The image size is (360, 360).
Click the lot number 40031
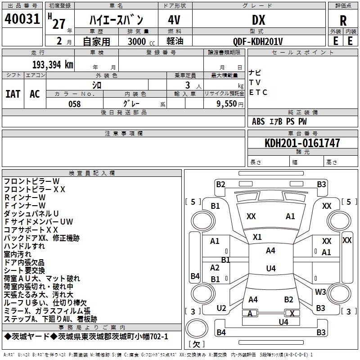click(22, 20)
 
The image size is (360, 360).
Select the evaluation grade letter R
click(343, 20)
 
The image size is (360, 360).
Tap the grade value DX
click(258, 20)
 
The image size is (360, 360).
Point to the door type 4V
click(174, 20)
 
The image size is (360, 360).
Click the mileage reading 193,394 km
click(53, 64)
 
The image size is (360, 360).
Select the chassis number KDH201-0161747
click(302, 143)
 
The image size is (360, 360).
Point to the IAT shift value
click(13, 94)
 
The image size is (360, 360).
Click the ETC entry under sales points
click(258, 92)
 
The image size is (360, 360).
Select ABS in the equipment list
click(258, 121)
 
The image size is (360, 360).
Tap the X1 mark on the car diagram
click(257, 237)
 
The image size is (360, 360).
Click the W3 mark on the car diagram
click(320, 292)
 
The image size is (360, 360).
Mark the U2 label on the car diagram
click(221, 308)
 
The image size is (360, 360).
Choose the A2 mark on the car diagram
click(215, 268)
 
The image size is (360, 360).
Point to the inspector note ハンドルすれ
click(24, 246)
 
